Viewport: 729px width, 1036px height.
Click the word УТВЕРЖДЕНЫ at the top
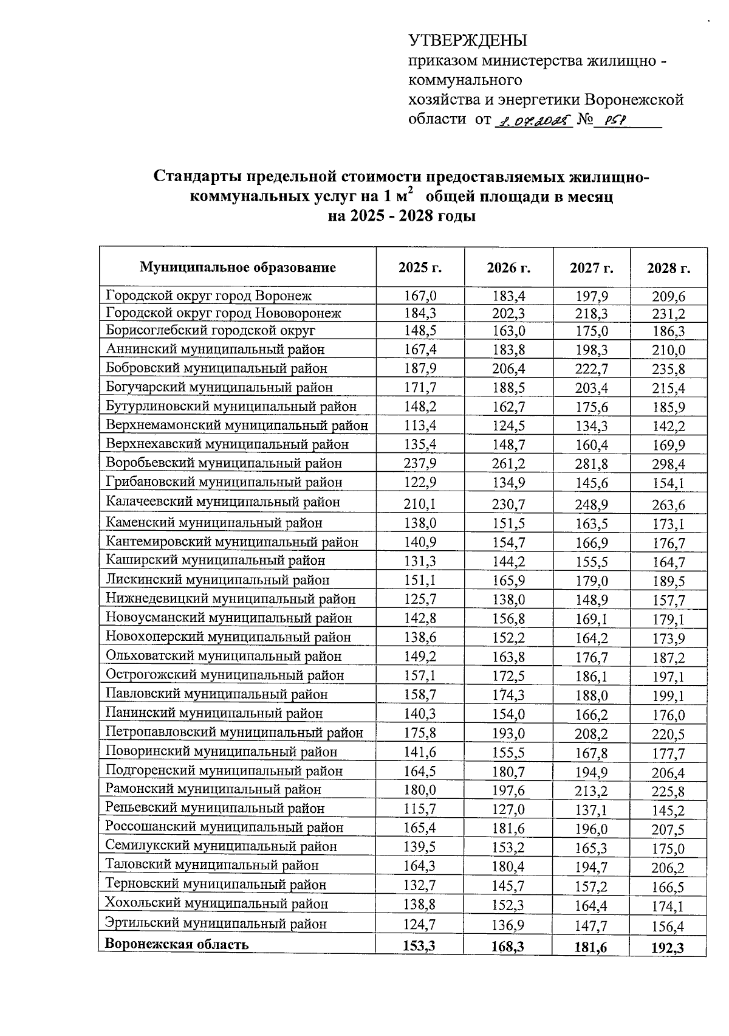[x=468, y=41]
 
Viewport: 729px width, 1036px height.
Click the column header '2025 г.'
[x=420, y=268]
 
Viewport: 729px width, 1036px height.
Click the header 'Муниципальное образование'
[x=238, y=268]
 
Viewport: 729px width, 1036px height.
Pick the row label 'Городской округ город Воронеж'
[x=208, y=296]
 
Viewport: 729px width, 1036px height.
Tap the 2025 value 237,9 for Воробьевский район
[x=420, y=463]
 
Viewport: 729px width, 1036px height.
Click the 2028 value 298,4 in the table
[x=668, y=465]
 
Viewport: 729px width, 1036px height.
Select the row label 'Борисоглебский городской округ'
[x=210, y=331]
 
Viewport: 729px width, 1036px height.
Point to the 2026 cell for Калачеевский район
[x=508, y=504]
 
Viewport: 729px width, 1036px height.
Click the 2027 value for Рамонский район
[x=591, y=792]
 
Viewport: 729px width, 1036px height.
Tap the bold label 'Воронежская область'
[x=177, y=944]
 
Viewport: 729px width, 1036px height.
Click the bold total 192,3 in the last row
[x=668, y=947]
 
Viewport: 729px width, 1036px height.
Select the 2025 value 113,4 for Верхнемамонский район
[x=420, y=425]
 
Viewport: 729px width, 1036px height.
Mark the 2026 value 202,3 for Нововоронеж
[x=508, y=314]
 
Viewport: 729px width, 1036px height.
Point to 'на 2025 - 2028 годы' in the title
[x=401, y=216]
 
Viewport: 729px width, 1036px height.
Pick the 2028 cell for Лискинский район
[x=668, y=581]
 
